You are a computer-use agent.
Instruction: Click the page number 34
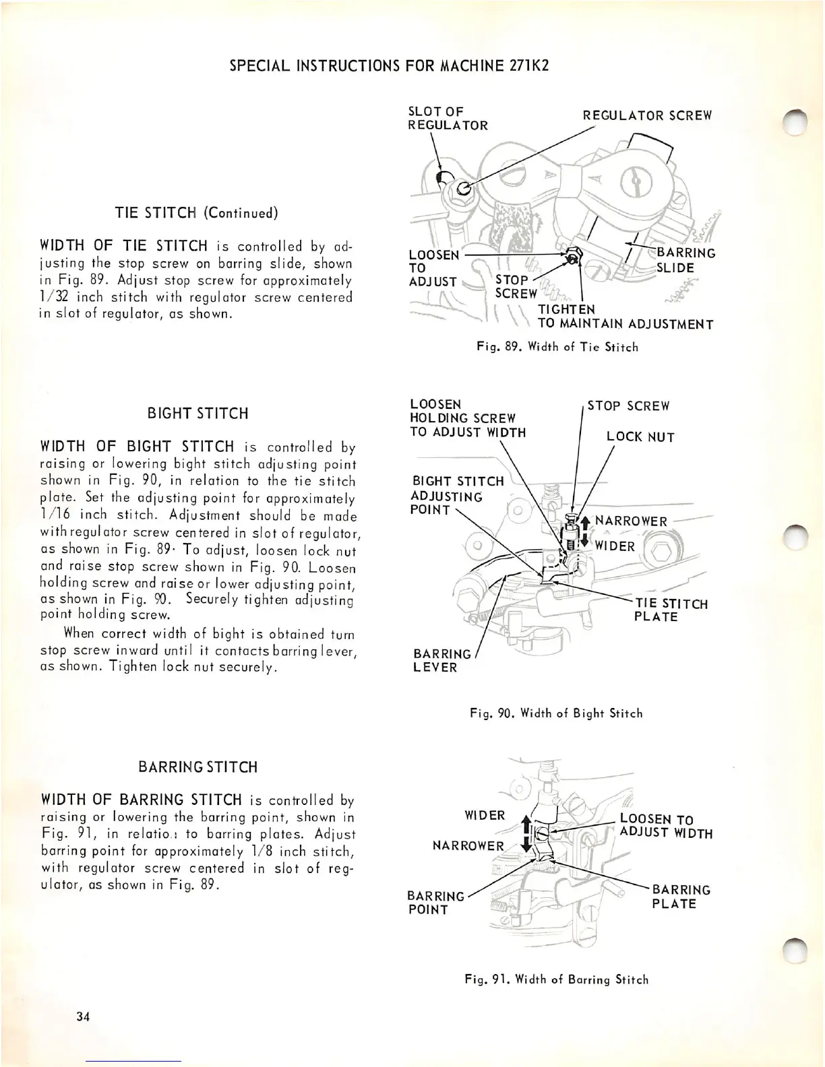(x=83, y=1016)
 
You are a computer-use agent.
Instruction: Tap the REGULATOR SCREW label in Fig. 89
(x=647, y=115)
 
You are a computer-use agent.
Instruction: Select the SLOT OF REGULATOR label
(x=448, y=118)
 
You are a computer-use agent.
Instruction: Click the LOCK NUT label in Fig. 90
(x=640, y=437)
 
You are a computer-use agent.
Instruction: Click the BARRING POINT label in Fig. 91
(x=435, y=903)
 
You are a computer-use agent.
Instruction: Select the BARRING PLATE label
(x=681, y=897)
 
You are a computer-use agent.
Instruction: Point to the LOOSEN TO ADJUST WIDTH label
(x=666, y=827)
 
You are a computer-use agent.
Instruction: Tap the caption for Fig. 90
(x=556, y=713)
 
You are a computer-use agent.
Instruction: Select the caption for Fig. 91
(x=556, y=979)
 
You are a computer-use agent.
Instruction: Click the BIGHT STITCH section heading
(x=197, y=414)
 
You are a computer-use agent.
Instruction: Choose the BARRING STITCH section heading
(x=197, y=767)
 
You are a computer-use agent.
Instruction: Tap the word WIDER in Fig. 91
(x=485, y=815)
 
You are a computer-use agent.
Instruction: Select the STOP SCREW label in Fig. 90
(x=628, y=406)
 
